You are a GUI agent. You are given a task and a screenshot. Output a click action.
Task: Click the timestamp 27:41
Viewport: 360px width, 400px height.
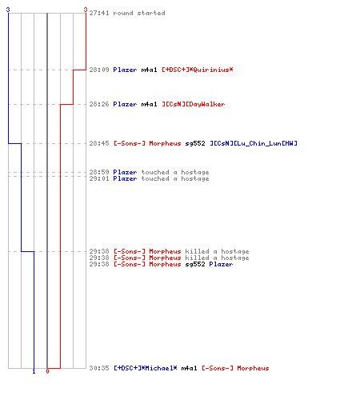click(99, 13)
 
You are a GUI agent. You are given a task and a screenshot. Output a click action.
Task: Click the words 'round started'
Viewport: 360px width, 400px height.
click(139, 13)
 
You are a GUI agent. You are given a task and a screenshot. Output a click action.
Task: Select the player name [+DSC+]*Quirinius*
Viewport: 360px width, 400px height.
click(198, 70)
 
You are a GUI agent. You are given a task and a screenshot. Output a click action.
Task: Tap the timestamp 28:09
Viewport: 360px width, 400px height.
click(99, 70)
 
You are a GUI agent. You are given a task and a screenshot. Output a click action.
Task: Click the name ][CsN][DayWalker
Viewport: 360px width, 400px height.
click(194, 104)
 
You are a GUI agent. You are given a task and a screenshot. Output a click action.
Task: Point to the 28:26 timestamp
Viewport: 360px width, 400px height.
click(99, 104)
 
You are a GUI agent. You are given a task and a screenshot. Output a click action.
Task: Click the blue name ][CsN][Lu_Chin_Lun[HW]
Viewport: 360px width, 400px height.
click(254, 143)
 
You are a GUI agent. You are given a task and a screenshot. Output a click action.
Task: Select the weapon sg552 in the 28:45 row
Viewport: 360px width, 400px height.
click(195, 143)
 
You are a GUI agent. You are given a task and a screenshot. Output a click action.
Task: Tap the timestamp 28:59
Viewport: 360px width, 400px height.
click(99, 172)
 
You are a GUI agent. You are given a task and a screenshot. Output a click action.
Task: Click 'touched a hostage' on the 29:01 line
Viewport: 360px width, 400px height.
click(175, 178)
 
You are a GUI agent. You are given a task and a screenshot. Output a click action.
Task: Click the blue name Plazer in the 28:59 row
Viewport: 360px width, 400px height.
click(125, 172)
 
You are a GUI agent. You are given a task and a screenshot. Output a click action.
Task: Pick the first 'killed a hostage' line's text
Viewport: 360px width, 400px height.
click(217, 251)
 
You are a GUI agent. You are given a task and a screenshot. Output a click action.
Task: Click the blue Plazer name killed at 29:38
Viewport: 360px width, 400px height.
click(221, 264)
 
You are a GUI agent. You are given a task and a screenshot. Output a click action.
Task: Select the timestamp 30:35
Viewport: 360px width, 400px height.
click(99, 368)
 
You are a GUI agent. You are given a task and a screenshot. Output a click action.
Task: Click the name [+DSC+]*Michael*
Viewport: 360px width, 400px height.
click(146, 368)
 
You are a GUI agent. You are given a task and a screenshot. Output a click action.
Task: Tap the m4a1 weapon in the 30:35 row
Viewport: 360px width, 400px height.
click(189, 368)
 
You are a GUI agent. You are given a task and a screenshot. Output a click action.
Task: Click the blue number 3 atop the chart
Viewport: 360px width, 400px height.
click(8, 10)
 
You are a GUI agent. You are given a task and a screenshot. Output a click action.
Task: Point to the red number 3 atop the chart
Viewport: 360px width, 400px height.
click(86, 10)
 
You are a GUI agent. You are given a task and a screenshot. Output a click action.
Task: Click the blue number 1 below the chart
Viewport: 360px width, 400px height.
click(34, 372)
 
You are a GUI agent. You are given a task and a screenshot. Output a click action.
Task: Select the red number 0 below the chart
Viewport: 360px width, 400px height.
click(47, 371)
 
